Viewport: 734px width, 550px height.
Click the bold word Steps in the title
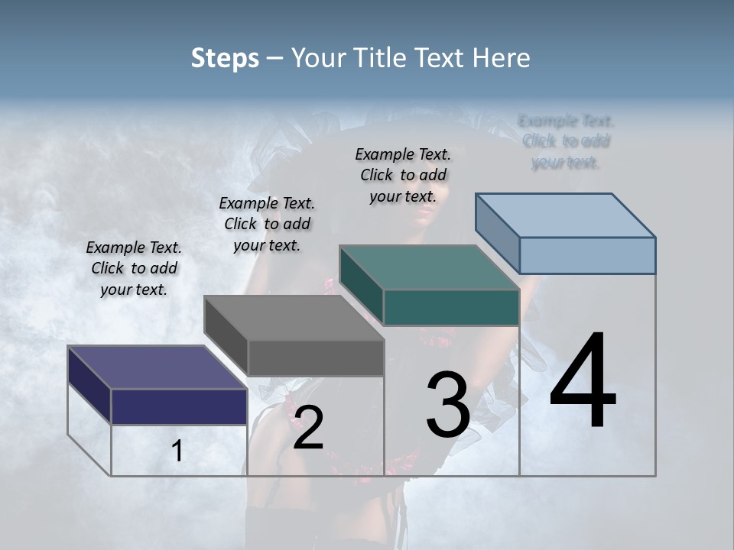point(225,58)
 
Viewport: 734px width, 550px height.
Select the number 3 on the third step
point(448,405)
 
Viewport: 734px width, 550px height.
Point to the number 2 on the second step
point(308,428)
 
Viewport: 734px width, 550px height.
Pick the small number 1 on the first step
point(177,451)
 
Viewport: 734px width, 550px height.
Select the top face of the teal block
point(429,268)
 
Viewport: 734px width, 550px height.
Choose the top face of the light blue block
point(565,215)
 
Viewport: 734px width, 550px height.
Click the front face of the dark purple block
point(179,406)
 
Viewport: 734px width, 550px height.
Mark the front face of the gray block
point(316,357)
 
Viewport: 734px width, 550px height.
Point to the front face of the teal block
point(451,307)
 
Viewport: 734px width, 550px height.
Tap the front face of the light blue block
point(587,255)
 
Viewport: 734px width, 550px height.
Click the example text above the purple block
point(134,268)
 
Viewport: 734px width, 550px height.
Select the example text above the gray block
point(267,224)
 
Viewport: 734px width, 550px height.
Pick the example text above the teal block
point(403,175)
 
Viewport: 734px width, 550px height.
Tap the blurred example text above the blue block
point(566,141)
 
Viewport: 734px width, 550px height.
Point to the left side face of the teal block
point(362,285)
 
